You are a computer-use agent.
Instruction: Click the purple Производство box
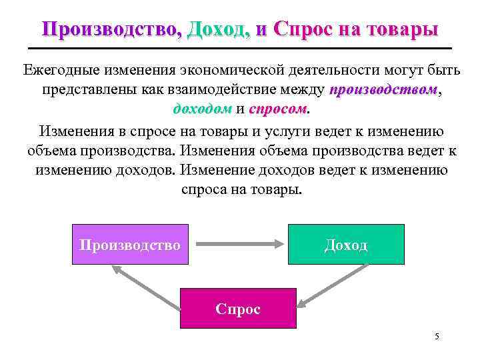pos(129,245)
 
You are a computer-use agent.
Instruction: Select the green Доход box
pos(346,245)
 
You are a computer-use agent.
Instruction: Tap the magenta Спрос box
pos(238,309)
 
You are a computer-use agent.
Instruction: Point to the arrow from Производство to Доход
pos(237,245)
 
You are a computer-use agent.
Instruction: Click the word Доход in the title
pos(220,29)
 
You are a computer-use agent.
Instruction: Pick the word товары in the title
pos(405,29)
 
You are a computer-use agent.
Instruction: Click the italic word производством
pos(383,89)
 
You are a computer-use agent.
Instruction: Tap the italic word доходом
pos(202,108)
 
